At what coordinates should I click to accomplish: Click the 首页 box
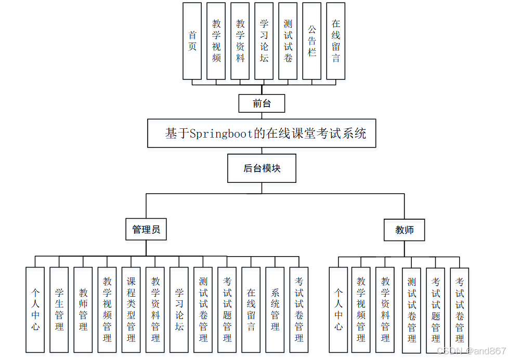192,41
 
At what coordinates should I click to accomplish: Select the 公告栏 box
312,41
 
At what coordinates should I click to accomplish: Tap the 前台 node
262,103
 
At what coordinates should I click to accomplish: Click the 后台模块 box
262,168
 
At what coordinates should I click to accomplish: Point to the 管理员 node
146,229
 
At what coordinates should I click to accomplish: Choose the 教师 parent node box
404,230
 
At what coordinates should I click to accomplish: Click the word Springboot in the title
220,134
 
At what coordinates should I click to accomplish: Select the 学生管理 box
59,310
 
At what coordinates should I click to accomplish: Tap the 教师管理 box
83,310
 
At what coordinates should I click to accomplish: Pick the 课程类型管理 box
131,310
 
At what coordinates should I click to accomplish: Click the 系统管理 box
275,310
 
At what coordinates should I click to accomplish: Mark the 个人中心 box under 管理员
35,310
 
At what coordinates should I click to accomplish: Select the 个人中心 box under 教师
338,310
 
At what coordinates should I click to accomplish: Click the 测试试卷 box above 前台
288,41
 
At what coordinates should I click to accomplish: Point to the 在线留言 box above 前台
336,41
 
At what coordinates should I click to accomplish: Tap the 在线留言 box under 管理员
251,310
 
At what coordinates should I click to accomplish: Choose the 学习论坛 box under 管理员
179,310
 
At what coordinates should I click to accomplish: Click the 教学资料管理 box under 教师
385,310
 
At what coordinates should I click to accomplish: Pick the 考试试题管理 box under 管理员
227,310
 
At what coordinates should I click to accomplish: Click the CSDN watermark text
468,351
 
